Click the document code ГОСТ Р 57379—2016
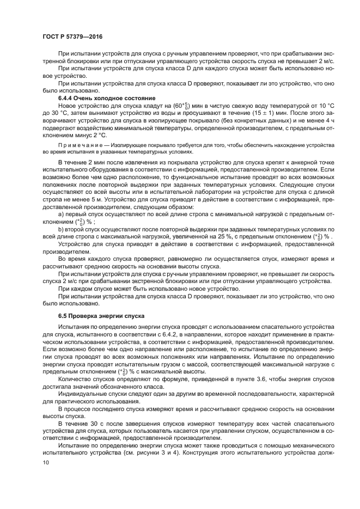tap(72, 36)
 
